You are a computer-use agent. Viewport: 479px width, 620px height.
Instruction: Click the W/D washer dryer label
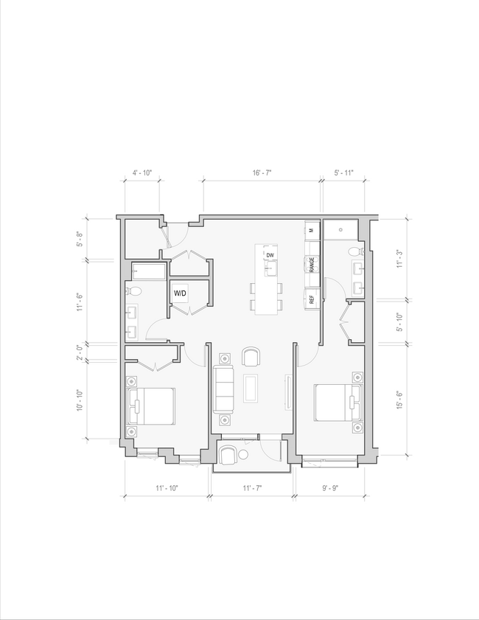point(180,293)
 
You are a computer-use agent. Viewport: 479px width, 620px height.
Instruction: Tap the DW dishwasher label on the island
point(270,255)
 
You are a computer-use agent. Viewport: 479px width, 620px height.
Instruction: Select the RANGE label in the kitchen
point(312,264)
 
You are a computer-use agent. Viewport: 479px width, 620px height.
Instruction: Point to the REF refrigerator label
point(312,299)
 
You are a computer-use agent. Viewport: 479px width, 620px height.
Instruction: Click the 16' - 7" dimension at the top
point(262,173)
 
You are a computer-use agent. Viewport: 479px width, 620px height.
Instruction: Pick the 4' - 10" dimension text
point(141,173)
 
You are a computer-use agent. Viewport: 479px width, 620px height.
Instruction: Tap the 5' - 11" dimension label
point(343,173)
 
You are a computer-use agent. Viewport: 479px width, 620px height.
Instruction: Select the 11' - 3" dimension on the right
point(400,259)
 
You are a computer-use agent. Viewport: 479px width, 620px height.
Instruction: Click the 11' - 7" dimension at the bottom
point(252,488)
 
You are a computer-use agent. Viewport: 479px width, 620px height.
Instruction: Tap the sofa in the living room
point(224,389)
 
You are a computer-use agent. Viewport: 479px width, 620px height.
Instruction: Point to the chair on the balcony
point(228,455)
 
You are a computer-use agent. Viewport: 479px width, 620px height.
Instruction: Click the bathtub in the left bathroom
point(147,271)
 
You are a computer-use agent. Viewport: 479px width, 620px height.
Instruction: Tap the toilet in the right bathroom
point(354,252)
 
